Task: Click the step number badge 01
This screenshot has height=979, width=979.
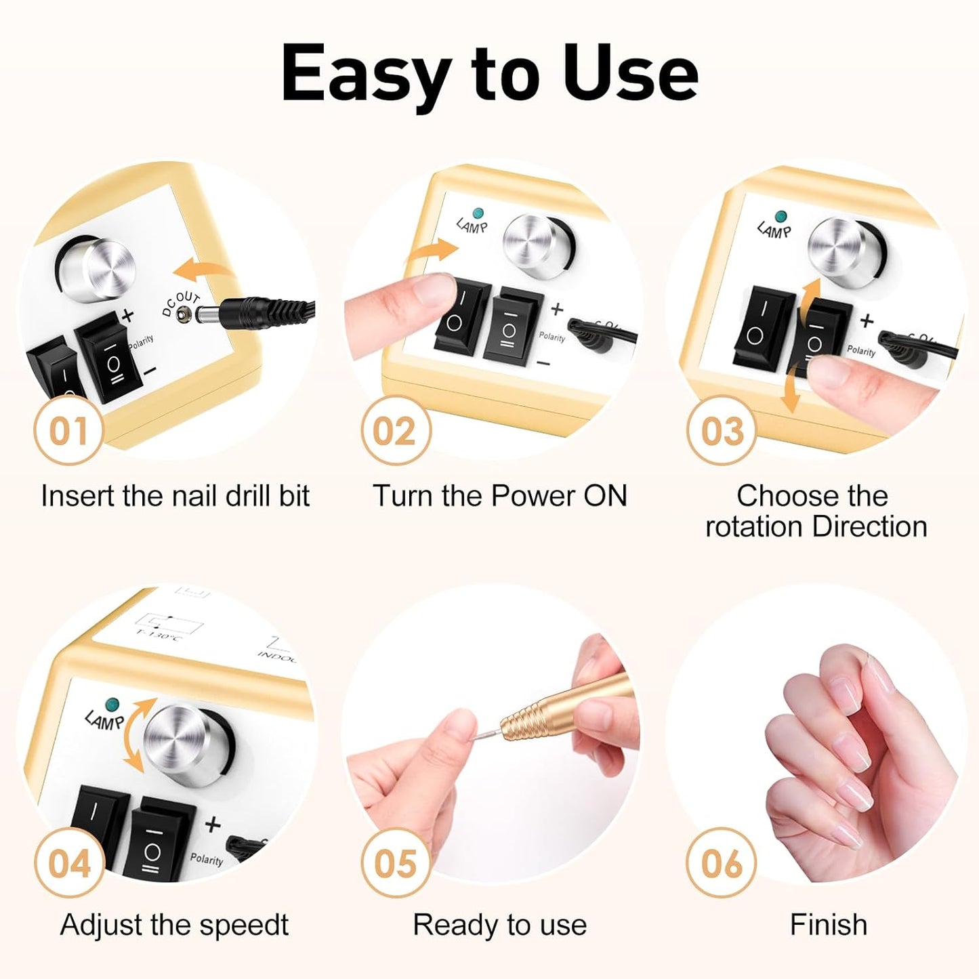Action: coord(68,430)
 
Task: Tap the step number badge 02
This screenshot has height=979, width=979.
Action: coord(395,430)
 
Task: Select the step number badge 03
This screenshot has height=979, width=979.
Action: coord(721,430)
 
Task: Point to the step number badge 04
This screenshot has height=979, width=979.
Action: coord(68,863)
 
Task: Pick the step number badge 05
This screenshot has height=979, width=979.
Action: coord(395,863)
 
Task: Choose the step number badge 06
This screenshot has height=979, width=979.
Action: coord(721,863)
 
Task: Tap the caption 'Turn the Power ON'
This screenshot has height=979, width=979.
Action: coord(499,496)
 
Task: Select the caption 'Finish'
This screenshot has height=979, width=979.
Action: coord(828,925)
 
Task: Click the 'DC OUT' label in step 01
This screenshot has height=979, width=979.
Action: coord(180,304)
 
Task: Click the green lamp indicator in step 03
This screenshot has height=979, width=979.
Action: coord(781,216)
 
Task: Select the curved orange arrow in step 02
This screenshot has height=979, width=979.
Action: coord(432,252)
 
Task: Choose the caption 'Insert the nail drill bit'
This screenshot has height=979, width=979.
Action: coord(175,496)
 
